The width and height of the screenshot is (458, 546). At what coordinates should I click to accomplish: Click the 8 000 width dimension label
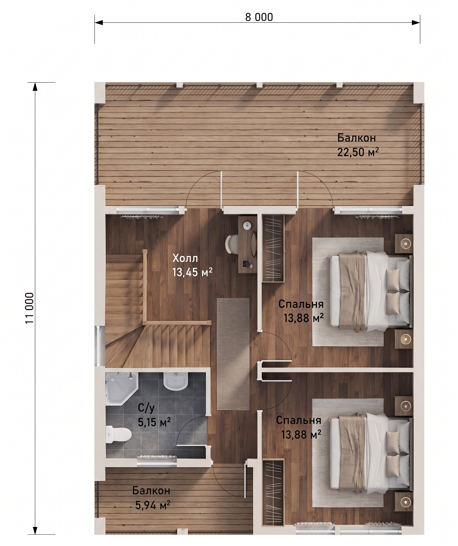(259, 17)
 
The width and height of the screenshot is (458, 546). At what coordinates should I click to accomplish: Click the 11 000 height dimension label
(30, 308)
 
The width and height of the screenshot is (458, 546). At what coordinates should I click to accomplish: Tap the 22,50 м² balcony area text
(358, 152)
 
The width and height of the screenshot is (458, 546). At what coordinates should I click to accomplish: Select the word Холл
(185, 258)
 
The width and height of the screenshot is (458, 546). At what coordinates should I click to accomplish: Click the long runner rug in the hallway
(233, 354)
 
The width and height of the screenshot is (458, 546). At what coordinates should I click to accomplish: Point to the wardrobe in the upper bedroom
(273, 248)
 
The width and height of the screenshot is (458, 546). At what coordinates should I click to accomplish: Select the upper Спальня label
(301, 304)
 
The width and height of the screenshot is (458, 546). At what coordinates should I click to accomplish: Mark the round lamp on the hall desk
(247, 225)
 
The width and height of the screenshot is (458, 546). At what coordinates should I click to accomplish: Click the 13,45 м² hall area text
(192, 272)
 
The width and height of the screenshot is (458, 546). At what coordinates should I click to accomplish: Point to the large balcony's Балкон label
(357, 138)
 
